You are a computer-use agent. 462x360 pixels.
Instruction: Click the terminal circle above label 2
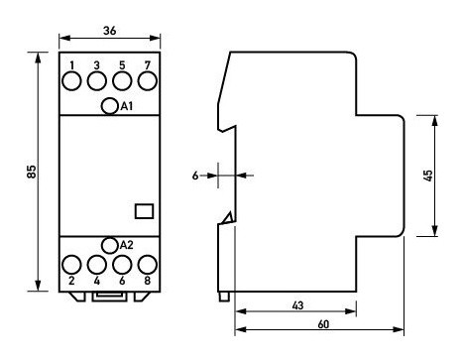(72, 265)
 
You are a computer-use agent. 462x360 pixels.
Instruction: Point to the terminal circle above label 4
(97, 265)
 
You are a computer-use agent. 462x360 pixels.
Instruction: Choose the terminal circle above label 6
(123, 265)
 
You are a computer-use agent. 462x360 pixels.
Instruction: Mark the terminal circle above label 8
(148, 265)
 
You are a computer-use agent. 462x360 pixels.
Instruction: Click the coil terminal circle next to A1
(110, 106)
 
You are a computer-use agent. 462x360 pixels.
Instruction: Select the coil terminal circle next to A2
(110, 244)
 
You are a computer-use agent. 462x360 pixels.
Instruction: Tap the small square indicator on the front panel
(142, 209)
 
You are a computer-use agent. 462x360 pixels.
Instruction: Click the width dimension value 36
(110, 31)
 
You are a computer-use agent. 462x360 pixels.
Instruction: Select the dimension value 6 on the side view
(195, 176)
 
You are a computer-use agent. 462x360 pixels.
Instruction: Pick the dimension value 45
(428, 176)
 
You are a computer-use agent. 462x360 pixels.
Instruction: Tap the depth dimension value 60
(321, 323)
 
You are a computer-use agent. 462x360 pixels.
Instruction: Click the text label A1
(126, 107)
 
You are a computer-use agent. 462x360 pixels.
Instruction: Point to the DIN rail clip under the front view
(110, 295)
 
